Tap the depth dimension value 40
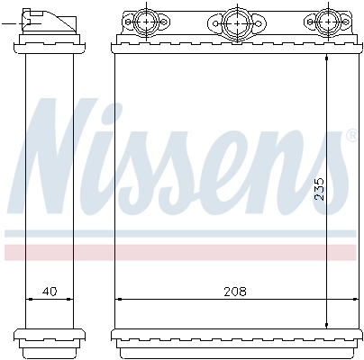pos(49,292)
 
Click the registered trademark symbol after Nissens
pos(350,136)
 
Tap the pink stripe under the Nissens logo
pos(180,251)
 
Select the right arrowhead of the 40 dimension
pos(74,299)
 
